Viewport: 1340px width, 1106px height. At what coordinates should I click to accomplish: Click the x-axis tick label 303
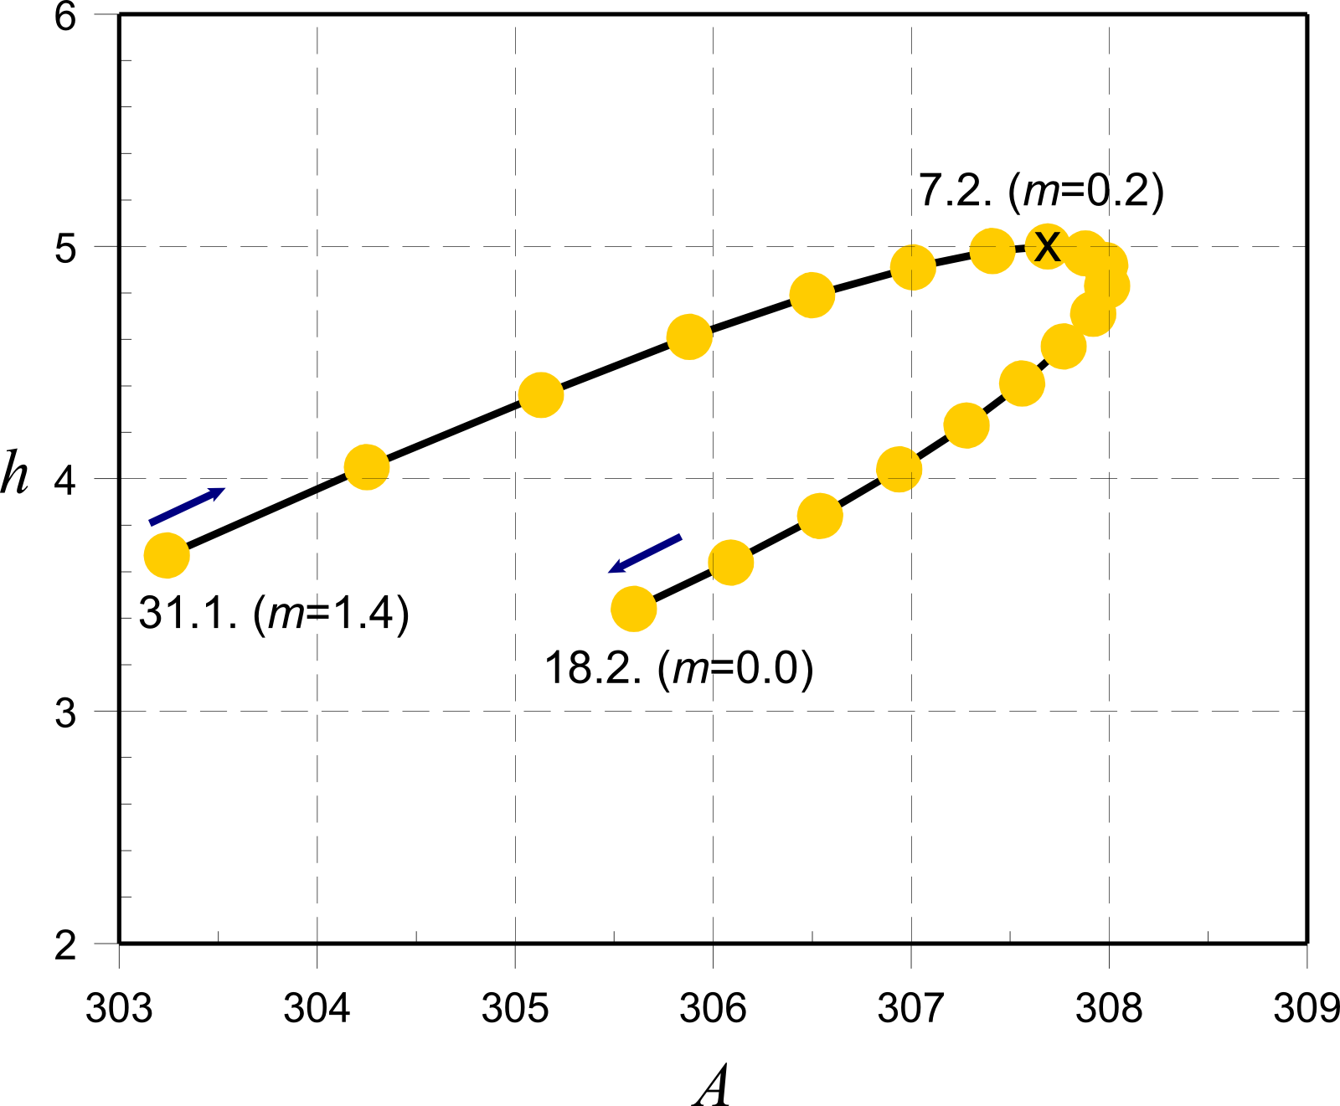pyautogui.click(x=119, y=1008)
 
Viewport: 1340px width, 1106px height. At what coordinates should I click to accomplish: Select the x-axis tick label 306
pyautogui.click(x=713, y=1008)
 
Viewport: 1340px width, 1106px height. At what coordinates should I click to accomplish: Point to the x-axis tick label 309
pyautogui.click(x=1306, y=1008)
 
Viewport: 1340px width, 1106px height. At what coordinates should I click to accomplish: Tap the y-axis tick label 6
pyautogui.click(x=65, y=17)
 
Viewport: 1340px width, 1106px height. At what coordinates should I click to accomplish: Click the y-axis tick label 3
pyautogui.click(x=65, y=713)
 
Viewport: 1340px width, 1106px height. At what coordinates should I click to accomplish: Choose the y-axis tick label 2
pyautogui.click(x=65, y=945)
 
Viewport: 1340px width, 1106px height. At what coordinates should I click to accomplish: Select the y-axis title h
pyautogui.click(x=14, y=474)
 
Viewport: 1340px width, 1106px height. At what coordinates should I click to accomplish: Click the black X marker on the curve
pyautogui.click(x=1047, y=246)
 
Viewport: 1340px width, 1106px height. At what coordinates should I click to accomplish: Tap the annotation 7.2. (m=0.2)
pyautogui.click(x=1041, y=191)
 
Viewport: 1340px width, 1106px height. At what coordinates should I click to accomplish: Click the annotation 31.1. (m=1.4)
pyautogui.click(x=274, y=614)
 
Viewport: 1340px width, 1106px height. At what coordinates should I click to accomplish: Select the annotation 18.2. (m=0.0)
pyautogui.click(x=678, y=668)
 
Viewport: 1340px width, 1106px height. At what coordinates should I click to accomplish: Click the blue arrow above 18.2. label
pyautogui.click(x=645, y=553)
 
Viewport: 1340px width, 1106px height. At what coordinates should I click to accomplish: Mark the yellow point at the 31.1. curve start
pyautogui.click(x=167, y=555)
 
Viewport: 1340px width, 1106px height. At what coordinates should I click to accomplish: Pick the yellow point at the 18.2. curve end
pyautogui.click(x=633, y=608)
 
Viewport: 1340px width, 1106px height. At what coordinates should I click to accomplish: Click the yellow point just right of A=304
pyautogui.click(x=367, y=467)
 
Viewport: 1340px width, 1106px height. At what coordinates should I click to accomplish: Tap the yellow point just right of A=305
pyautogui.click(x=541, y=395)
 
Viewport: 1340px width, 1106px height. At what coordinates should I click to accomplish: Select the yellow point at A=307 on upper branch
pyautogui.click(x=913, y=267)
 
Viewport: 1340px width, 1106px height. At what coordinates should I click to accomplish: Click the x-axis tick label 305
pyautogui.click(x=515, y=1008)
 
